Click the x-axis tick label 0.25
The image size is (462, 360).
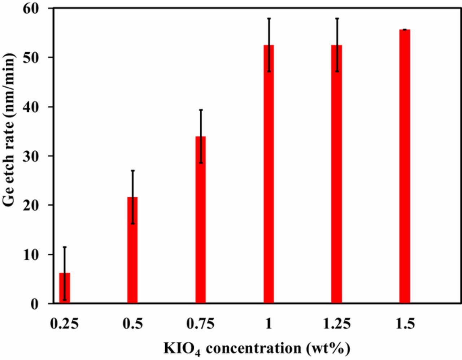coord(64,324)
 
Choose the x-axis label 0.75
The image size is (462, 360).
coord(200,324)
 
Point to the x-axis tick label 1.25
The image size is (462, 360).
coord(336,324)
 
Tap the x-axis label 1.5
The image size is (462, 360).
coord(405,324)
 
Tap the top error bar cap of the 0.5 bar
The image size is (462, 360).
coord(132,171)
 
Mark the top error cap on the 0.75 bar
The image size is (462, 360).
coord(201,110)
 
